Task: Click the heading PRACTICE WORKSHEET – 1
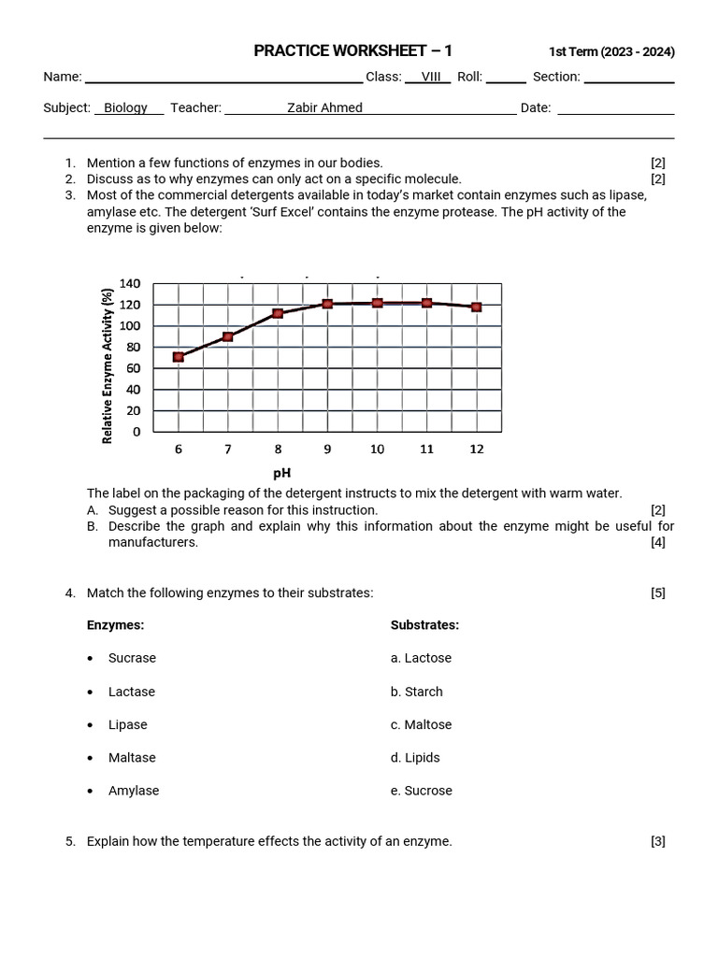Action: (x=352, y=51)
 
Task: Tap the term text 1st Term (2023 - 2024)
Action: (x=610, y=52)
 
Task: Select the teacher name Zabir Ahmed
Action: (x=324, y=107)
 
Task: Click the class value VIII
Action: (x=431, y=77)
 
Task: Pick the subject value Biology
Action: (x=125, y=107)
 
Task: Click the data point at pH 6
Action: (x=179, y=357)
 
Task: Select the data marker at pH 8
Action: (x=278, y=313)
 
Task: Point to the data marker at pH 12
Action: (x=477, y=307)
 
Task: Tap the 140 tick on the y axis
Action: (x=130, y=284)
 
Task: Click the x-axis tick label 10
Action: (x=377, y=450)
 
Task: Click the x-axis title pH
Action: (x=281, y=474)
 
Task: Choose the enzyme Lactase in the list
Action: (x=132, y=692)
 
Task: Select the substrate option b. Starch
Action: (x=416, y=692)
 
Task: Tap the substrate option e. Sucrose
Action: (x=421, y=791)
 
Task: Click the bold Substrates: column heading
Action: (x=424, y=625)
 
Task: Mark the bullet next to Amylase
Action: (x=90, y=791)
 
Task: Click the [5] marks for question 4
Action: (x=658, y=593)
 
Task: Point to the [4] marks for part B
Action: (x=658, y=542)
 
